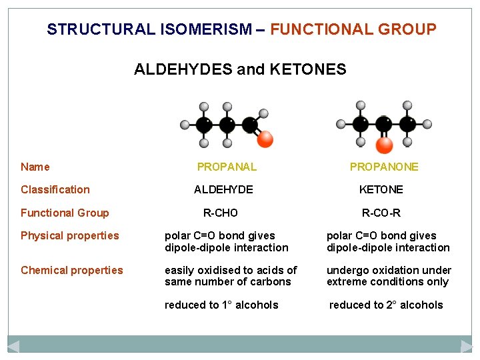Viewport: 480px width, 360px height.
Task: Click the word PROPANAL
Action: (227, 167)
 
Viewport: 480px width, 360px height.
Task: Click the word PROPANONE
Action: (384, 167)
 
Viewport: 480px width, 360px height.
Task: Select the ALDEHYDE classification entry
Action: (223, 189)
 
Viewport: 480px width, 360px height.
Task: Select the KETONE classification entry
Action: (381, 189)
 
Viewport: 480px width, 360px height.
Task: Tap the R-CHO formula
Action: (220, 213)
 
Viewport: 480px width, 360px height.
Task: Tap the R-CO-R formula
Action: (381, 213)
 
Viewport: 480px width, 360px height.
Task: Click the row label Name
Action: (35, 167)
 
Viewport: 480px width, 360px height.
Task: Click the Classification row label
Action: (55, 189)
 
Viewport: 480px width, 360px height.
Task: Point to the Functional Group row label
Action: (65, 213)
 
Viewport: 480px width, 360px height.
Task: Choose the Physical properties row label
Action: (70, 235)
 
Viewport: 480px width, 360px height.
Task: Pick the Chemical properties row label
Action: (72, 270)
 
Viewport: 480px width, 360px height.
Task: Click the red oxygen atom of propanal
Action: (265, 139)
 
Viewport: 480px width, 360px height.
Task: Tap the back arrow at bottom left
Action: (13, 346)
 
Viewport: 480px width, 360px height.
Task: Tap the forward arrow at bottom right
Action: (467, 346)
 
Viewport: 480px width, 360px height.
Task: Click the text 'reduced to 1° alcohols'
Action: (221, 305)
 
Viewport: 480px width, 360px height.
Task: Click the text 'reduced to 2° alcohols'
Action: (386, 305)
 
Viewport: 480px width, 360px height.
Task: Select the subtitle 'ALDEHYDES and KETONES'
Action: (240, 69)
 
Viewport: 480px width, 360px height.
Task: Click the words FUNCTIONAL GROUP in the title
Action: (353, 29)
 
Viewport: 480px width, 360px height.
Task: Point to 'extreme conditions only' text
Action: (387, 281)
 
